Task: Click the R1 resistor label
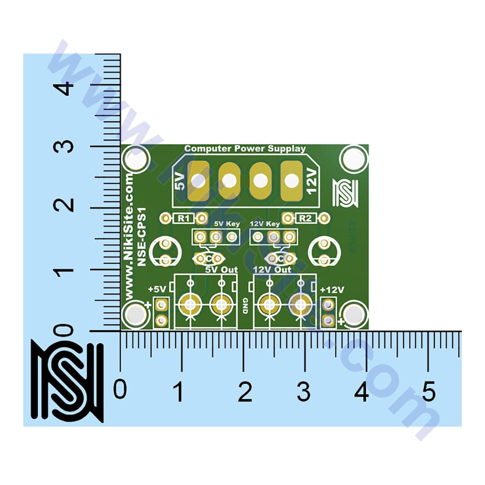pos(184,218)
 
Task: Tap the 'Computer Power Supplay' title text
pos(245,149)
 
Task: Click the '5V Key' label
pos(227,223)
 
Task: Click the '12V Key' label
pos(264,223)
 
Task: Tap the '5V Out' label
pos(221,269)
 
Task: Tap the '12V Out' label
pos(272,269)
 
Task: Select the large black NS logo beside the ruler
pos(67,381)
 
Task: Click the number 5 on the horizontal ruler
pos(429,392)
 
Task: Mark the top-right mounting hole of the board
pos(353,160)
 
